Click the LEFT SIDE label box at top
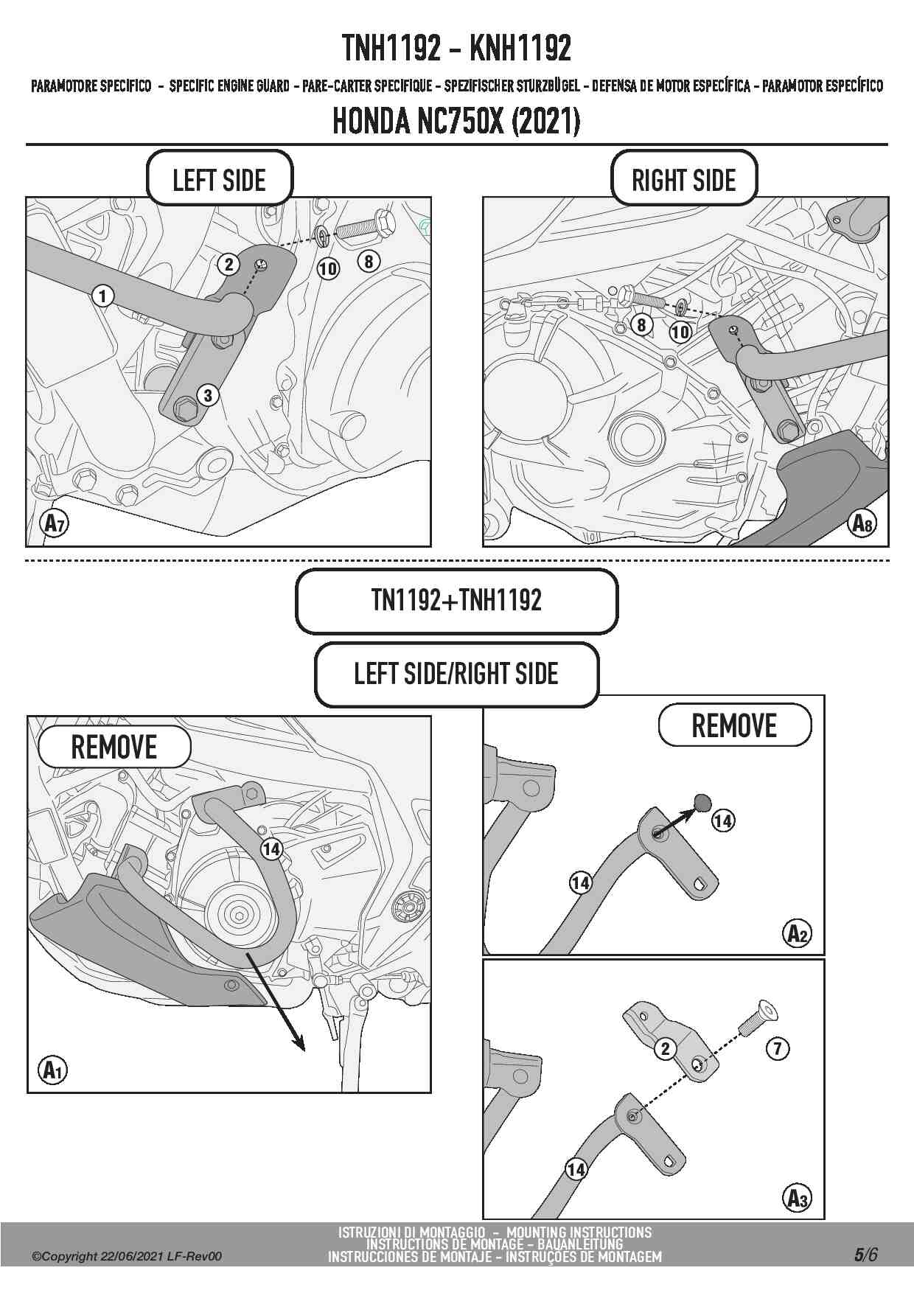(219, 179)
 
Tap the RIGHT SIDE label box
(683, 179)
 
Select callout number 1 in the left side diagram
(103, 296)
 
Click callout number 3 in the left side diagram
(208, 395)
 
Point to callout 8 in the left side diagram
(368, 260)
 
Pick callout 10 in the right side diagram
(680, 332)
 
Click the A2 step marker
(797, 933)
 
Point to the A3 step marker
(797, 1199)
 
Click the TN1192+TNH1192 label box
(456, 601)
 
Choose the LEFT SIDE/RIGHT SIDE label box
(456, 674)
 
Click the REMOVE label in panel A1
(114, 747)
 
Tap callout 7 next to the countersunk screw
(778, 1048)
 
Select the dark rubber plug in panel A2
(702, 801)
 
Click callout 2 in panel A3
(666, 1048)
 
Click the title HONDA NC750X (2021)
(456, 122)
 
